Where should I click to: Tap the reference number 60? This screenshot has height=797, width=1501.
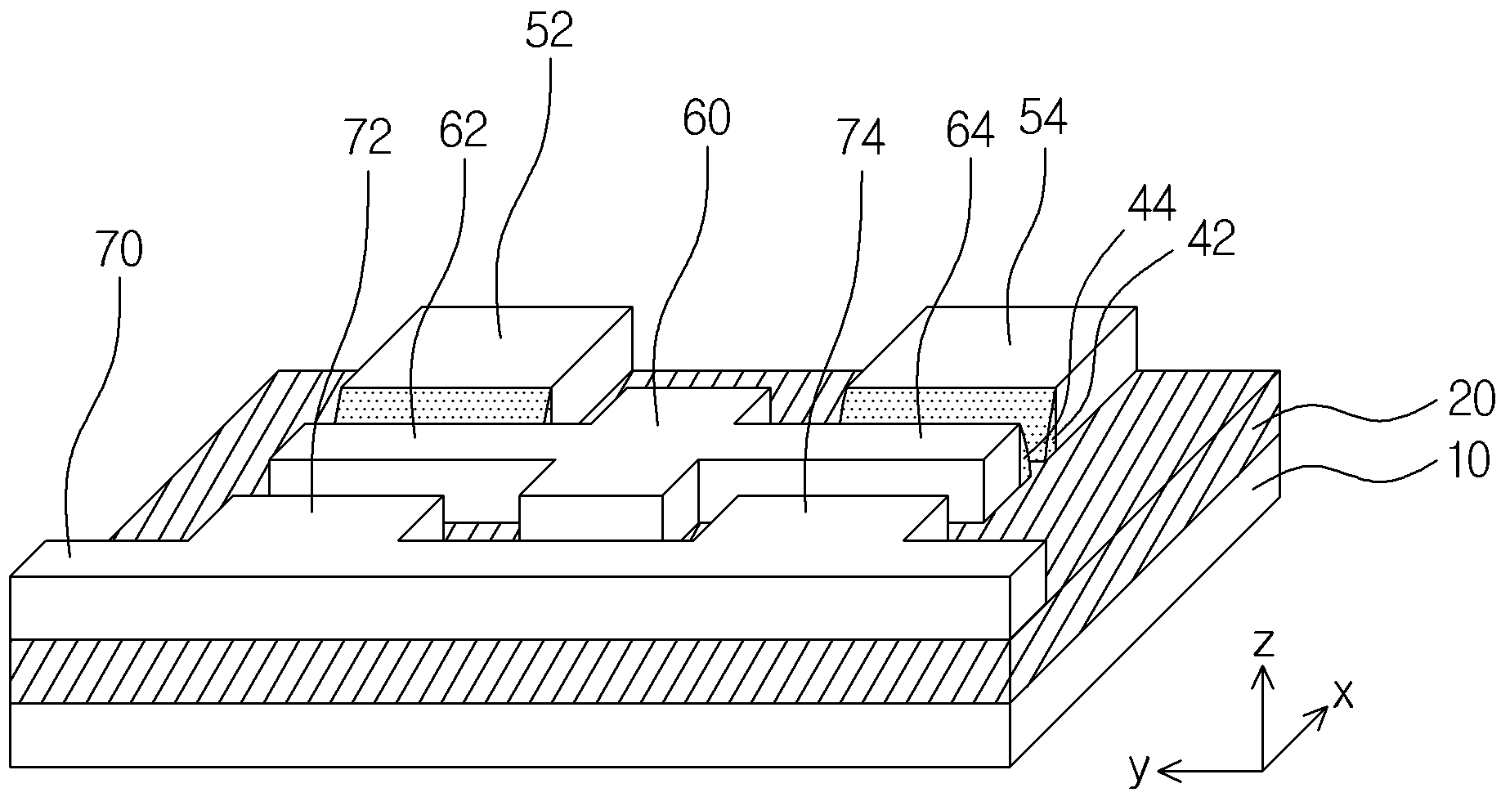[706, 119]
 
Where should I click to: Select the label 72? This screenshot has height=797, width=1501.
[368, 137]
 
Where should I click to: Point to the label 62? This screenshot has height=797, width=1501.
[463, 129]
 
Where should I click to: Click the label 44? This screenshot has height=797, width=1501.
[1151, 204]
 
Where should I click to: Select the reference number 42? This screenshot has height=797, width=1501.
[1211, 240]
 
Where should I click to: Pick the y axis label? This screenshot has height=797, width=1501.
[1137, 769]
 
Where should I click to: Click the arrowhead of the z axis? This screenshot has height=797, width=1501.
[1264, 674]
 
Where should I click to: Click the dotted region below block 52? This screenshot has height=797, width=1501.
[444, 405]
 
